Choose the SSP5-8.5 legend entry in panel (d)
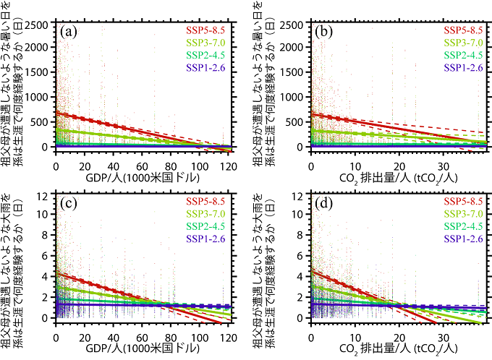[462, 201]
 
